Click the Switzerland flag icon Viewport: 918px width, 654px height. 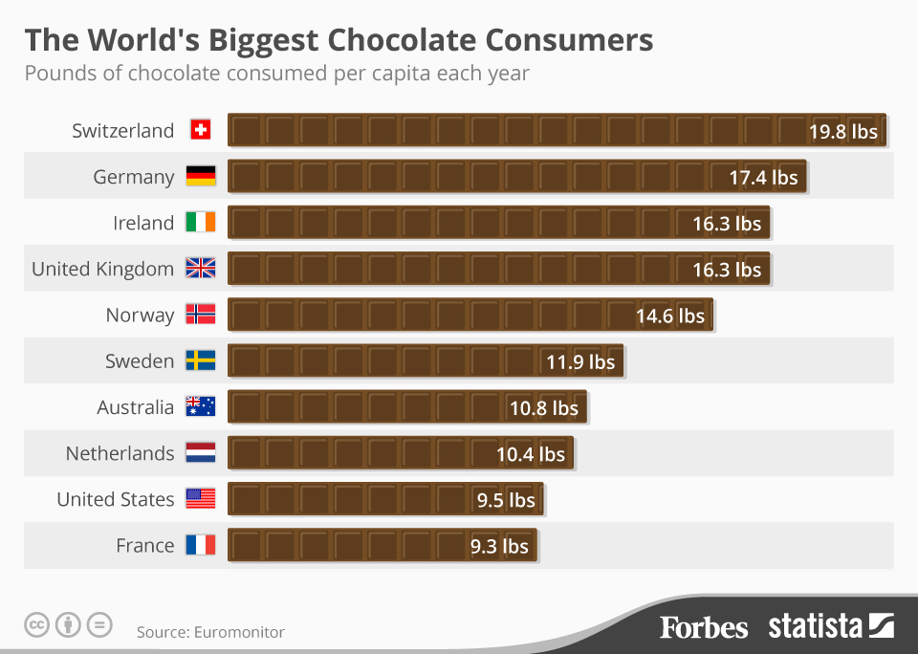coord(200,130)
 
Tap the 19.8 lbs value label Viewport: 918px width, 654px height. coord(842,131)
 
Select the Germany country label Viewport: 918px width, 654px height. coord(134,177)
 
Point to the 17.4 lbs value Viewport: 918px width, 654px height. coord(762,177)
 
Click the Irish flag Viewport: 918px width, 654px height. coord(200,223)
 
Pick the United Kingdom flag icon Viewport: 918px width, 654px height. coord(200,269)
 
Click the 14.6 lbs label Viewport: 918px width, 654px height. coord(669,316)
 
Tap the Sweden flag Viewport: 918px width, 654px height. coord(200,360)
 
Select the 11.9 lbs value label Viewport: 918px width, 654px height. coord(580,361)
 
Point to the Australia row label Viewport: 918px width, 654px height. coord(136,407)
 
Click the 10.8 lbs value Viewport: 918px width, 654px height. coord(543,407)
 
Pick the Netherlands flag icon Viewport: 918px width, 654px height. coord(200,453)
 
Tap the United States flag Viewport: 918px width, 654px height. coord(200,499)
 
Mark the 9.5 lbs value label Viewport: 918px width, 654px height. coord(505,500)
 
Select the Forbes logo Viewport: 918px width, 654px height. coord(704,627)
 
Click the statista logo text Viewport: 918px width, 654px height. coord(816,627)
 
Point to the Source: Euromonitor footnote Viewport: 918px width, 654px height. coord(210,632)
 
